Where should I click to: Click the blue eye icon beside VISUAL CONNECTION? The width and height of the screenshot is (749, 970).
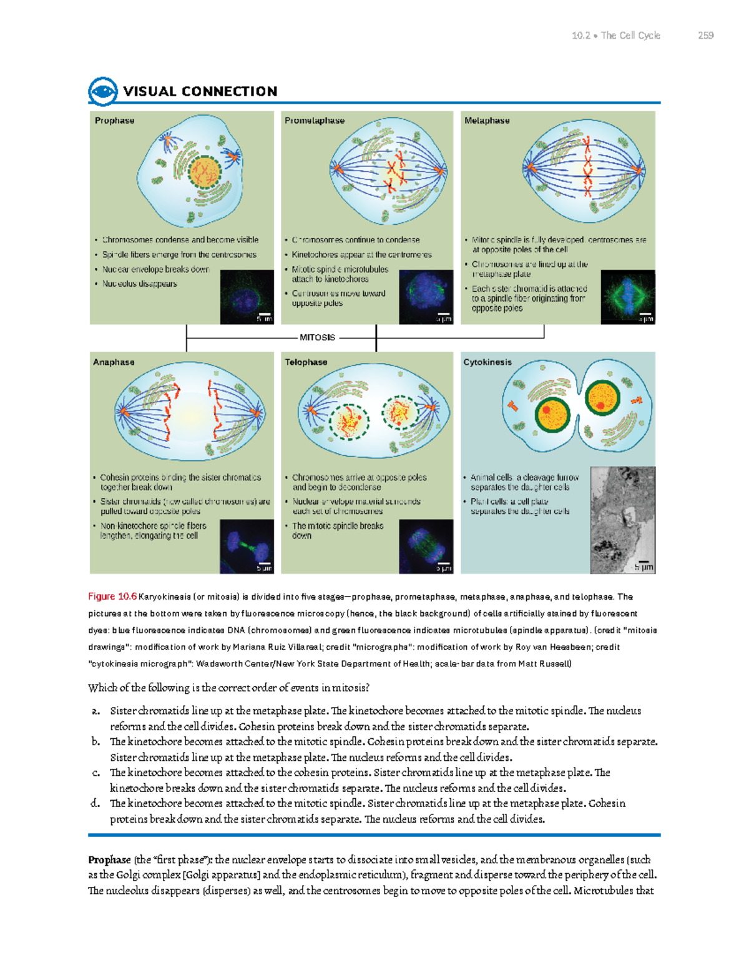[103, 92]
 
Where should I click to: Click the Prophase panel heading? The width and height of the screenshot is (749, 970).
[114, 121]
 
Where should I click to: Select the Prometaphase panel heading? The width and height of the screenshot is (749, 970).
[315, 121]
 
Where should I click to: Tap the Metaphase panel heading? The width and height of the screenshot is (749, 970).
[487, 121]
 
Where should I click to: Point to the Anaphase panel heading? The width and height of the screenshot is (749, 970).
[114, 362]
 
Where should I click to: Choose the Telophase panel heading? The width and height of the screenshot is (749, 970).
[306, 362]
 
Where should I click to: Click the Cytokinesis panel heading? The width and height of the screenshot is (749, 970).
[487, 362]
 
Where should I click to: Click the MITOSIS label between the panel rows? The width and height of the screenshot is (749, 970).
[317, 337]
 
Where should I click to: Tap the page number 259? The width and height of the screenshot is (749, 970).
[706, 36]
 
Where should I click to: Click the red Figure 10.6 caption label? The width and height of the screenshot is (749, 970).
[112, 596]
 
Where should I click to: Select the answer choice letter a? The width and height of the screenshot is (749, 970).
[95, 711]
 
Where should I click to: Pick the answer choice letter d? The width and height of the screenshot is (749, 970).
[95, 803]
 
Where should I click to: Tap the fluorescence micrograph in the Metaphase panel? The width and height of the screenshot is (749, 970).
[627, 297]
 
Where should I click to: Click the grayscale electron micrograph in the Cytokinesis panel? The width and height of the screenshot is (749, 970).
[622, 520]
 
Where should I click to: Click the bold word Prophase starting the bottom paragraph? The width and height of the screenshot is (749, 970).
[109, 860]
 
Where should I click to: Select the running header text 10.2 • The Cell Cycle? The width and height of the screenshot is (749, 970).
[615, 36]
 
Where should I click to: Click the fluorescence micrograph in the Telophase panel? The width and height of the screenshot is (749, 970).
[426, 547]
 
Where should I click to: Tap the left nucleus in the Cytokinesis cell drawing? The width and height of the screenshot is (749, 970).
[552, 413]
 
